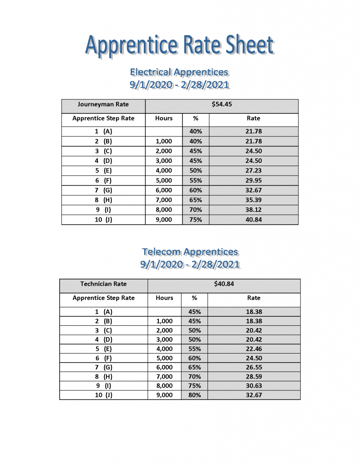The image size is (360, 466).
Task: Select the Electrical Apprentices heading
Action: coord(179,72)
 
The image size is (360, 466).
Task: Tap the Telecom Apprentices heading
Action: coord(190,252)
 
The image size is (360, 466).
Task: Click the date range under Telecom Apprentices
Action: coord(190,264)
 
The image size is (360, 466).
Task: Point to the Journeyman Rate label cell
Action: coord(103,105)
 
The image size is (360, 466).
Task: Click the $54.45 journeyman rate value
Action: coord(222,104)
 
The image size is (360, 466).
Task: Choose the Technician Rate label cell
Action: coord(103,284)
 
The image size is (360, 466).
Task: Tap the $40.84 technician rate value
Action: coord(224,284)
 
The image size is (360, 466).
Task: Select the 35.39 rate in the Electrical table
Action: coord(254,200)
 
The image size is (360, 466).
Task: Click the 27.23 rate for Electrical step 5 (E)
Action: coord(254,171)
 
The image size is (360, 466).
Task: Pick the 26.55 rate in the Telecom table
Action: coord(254,367)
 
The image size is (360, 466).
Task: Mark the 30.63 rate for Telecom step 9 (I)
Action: coord(254,386)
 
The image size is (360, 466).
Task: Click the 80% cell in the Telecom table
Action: coord(194,395)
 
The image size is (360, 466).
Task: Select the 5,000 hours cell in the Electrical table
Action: coord(164,180)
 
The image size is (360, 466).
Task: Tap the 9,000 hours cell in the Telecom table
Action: coord(164,395)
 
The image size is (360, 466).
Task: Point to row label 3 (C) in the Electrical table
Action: coord(103,151)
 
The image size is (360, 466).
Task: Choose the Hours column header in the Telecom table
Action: coord(164,298)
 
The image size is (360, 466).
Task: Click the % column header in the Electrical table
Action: coord(196,118)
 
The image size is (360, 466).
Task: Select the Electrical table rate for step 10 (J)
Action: coord(254,220)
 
